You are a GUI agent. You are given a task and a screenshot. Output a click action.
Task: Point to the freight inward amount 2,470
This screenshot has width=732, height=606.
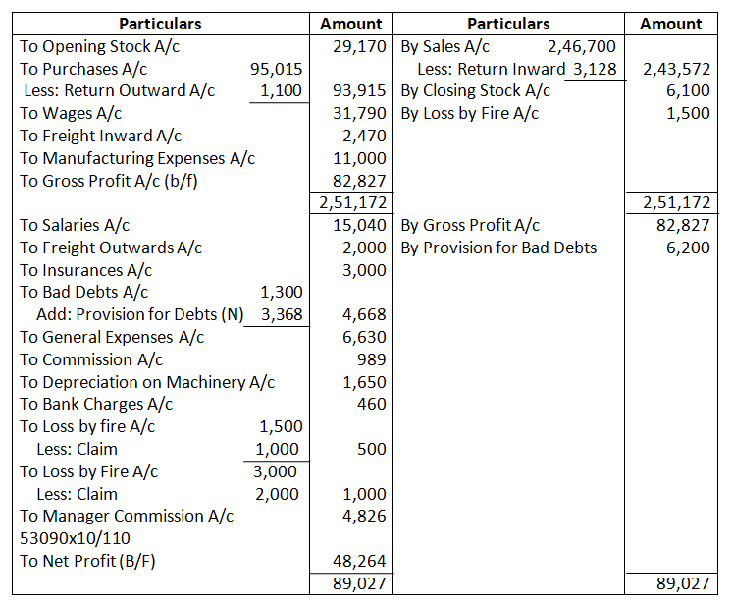(x=369, y=136)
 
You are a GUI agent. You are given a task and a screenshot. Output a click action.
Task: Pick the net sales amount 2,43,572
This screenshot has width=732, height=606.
(x=675, y=69)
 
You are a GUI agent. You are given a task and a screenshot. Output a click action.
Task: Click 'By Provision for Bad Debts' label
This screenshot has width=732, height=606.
(x=498, y=248)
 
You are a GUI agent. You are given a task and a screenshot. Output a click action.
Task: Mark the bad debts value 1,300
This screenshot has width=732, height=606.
(x=281, y=292)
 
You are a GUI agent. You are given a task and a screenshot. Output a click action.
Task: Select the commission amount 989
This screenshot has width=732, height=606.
(x=373, y=359)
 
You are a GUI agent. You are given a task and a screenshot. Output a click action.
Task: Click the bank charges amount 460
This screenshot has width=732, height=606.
(x=373, y=404)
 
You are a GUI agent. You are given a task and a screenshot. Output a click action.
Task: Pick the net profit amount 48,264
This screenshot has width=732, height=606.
(x=363, y=562)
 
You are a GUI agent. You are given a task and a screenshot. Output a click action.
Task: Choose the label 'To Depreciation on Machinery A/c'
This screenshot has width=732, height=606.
(x=147, y=382)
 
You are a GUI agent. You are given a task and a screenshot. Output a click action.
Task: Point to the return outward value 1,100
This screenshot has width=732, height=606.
(x=281, y=91)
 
